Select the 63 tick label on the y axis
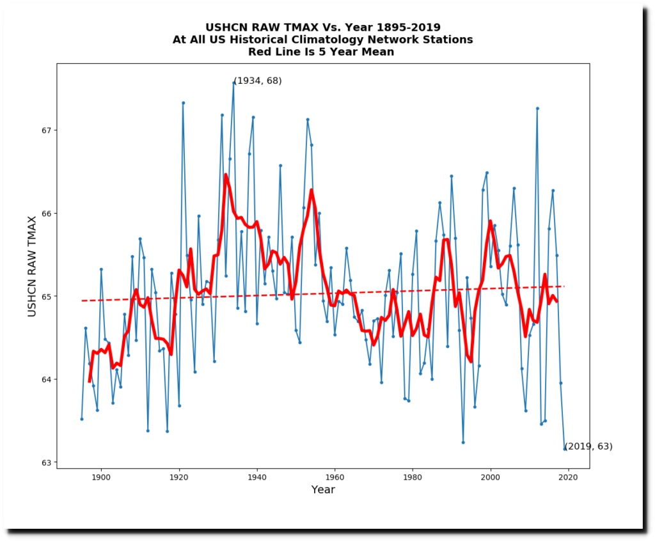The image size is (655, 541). click(46, 462)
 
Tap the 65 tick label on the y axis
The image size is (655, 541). click(46, 297)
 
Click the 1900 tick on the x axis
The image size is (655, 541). click(101, 469)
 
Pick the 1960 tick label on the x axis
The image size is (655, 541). click(335, 477)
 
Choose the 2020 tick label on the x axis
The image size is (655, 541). click(569, 477)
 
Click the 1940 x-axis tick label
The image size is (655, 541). click(257, 477)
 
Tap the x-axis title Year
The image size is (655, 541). click(323, 490)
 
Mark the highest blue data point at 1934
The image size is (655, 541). click(233, 82)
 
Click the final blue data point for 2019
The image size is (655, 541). click(565, 449)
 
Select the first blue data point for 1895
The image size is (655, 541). click(82, 419)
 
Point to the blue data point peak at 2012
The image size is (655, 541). click(537, 108)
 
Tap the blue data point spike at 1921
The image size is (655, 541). click(183, 102)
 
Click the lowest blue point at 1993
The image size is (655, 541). click(463, 442)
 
